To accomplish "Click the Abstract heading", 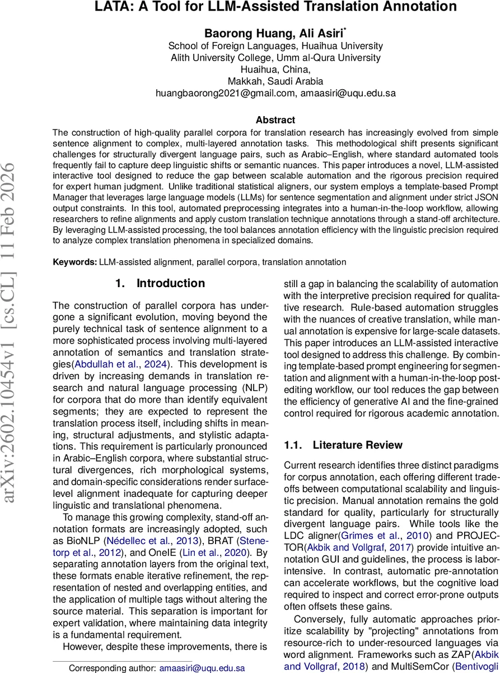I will [275, 119].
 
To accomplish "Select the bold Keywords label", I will [74, 261].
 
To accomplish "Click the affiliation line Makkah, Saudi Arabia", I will [275, 81].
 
